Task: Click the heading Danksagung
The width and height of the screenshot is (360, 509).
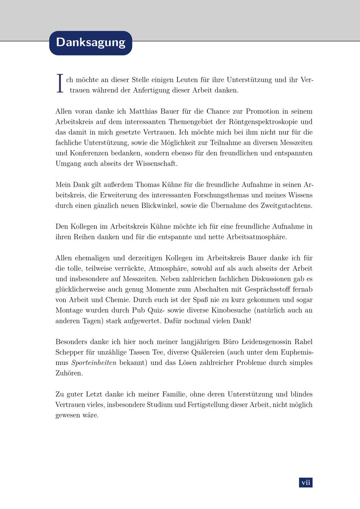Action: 91,42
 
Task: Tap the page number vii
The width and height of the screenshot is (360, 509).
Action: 306,482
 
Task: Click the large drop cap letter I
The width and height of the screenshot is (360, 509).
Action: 60,84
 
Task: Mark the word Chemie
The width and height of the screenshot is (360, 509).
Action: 118,299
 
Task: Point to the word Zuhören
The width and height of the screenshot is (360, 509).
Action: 69,373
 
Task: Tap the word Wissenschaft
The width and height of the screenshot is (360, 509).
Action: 156,163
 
